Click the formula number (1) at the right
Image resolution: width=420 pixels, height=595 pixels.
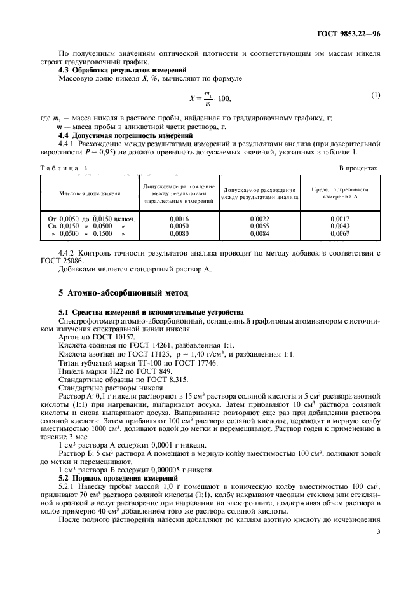pyautogui.click(x=375, y=95)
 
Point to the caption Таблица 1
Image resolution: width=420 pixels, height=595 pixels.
pyautogui.click(x=65, y=168)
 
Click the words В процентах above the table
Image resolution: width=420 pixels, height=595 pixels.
pyautogui.click(x=358, y=168)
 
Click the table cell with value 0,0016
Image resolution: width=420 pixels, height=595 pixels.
pyautogui.click(x=179, y=219)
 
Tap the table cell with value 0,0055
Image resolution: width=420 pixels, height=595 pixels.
pyautogui.click(x=261, y=226)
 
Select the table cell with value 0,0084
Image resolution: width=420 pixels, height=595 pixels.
pyautogui.click(x=261, y=234)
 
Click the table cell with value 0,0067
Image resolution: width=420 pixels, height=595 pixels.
pyautogui.click(x=340, y=234)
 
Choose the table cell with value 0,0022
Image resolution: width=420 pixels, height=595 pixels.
pyautogui.click(x=261, y=219)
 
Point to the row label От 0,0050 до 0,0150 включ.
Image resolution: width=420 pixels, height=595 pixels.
pyautogui.click(x=90, y=219)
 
